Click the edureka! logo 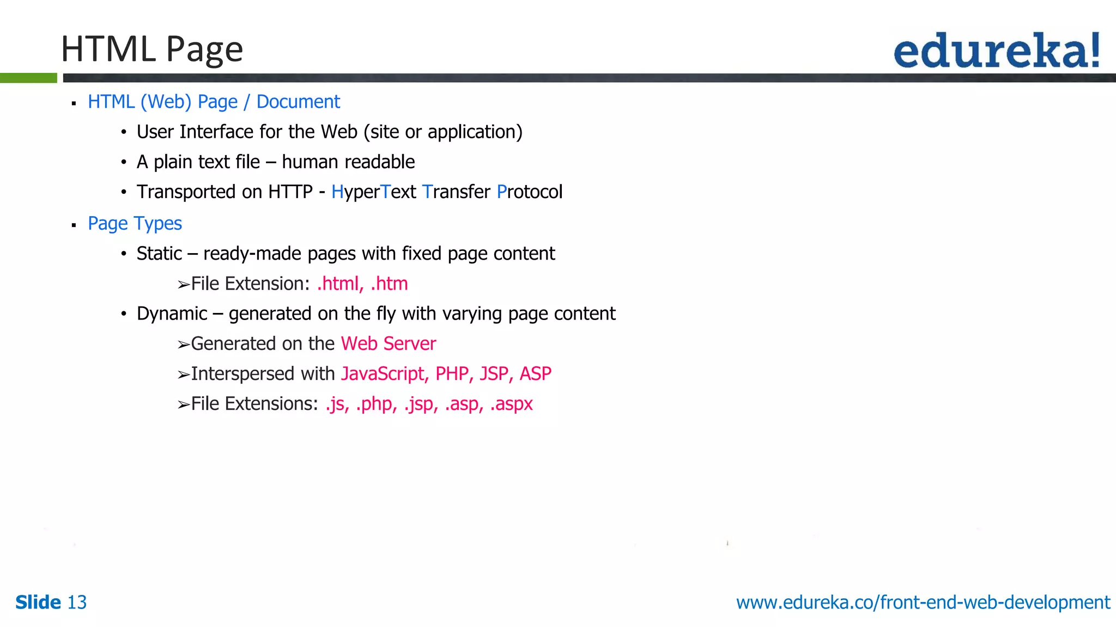click(996, 51)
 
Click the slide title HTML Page click(151, 49)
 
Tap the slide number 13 click(77, 603)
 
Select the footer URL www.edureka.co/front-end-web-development click(923, 603)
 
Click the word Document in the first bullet click(298, 102)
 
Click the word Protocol click(529, 192)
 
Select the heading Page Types click(135, 224)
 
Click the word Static click(159, 254)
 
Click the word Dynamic click(172, 314)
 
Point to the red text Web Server click(388, 344)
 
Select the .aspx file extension click(511, 404)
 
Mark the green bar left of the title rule click(28, 78)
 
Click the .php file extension click(376, 404)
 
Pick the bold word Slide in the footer click(38, 603)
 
